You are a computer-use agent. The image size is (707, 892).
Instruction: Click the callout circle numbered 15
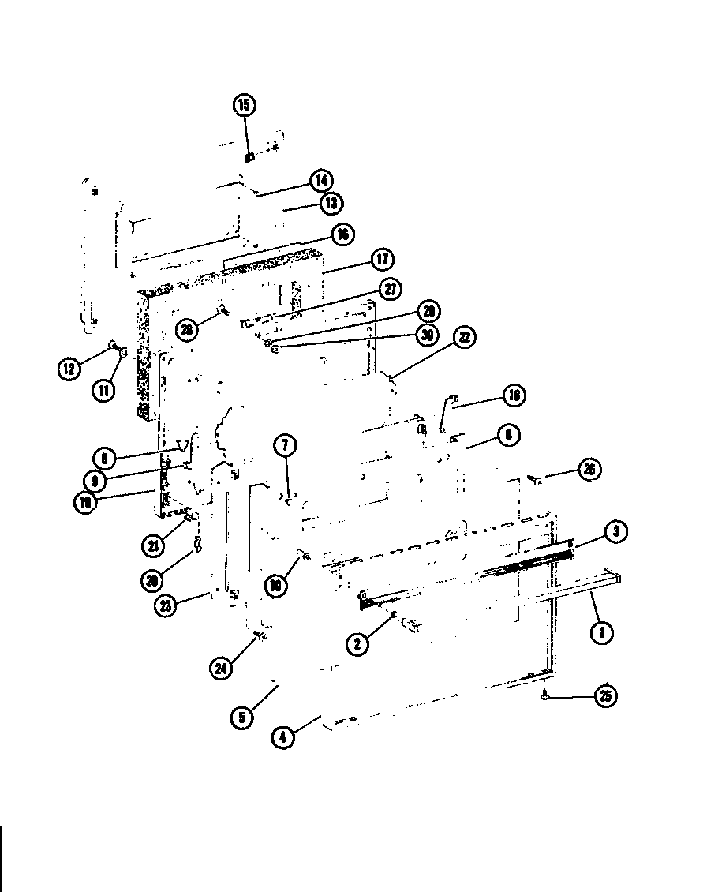245,105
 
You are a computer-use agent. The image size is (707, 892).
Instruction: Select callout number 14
320,180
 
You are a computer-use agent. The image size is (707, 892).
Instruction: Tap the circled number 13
331,204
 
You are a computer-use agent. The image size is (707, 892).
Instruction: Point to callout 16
341,234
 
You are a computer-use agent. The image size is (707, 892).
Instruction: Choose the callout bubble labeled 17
383,260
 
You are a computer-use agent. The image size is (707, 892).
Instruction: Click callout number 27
388,289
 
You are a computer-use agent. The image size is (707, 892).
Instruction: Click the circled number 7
286,446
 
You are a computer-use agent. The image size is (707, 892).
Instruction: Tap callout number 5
241,717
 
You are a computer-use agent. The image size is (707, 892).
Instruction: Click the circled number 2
358,644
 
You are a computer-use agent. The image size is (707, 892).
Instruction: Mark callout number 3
616,532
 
